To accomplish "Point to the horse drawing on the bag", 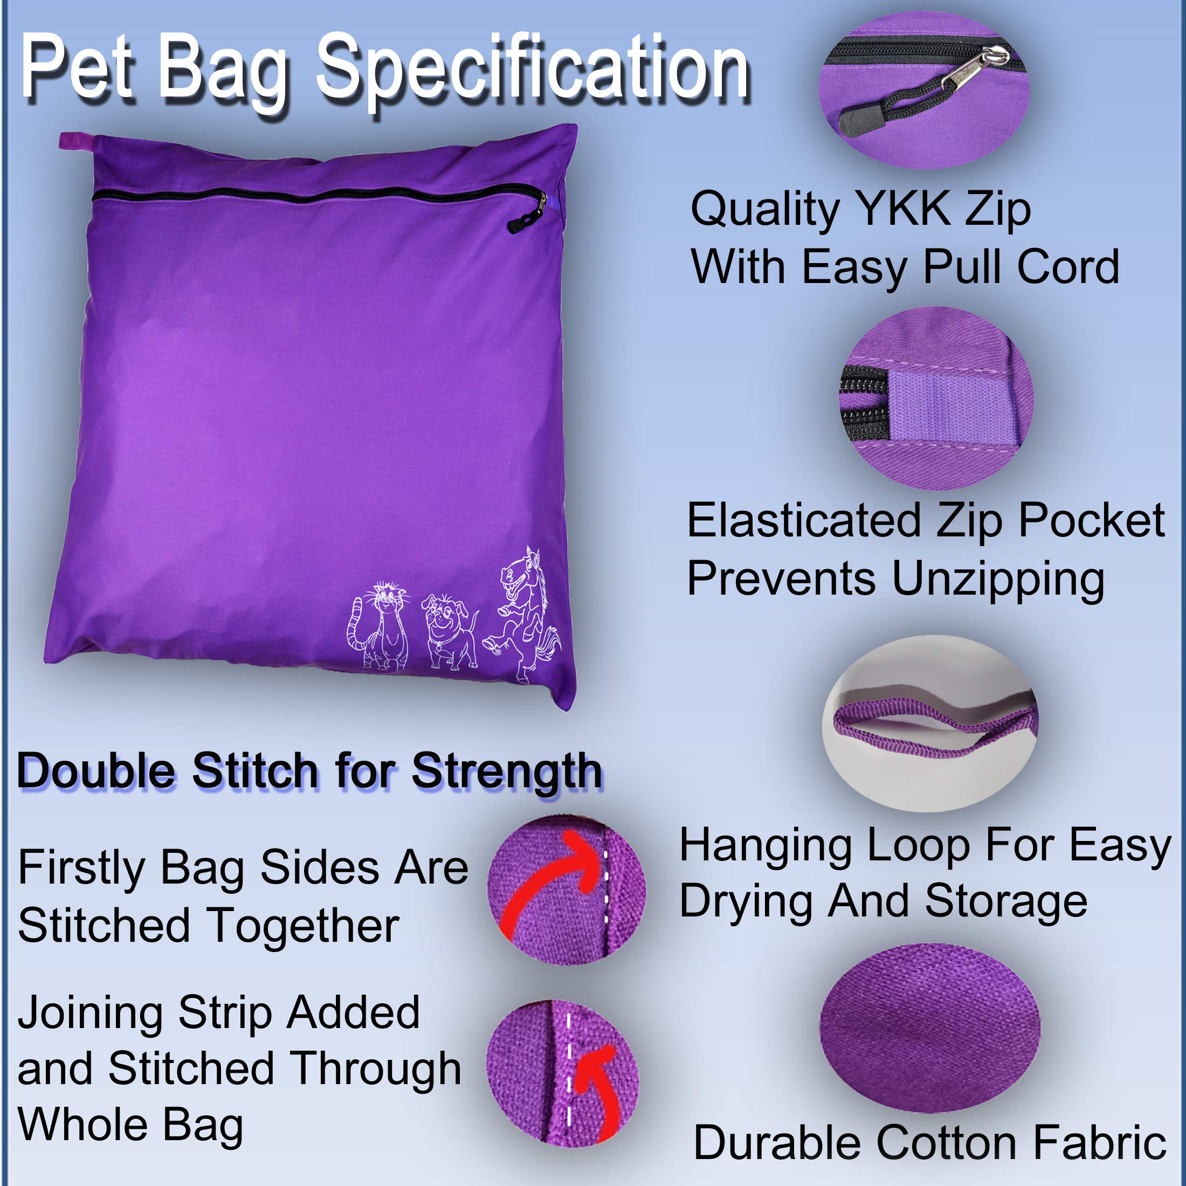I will pyautogui.click(x=522, y=614).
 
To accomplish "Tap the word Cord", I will pyautogui.click(x=1068, y=267).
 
